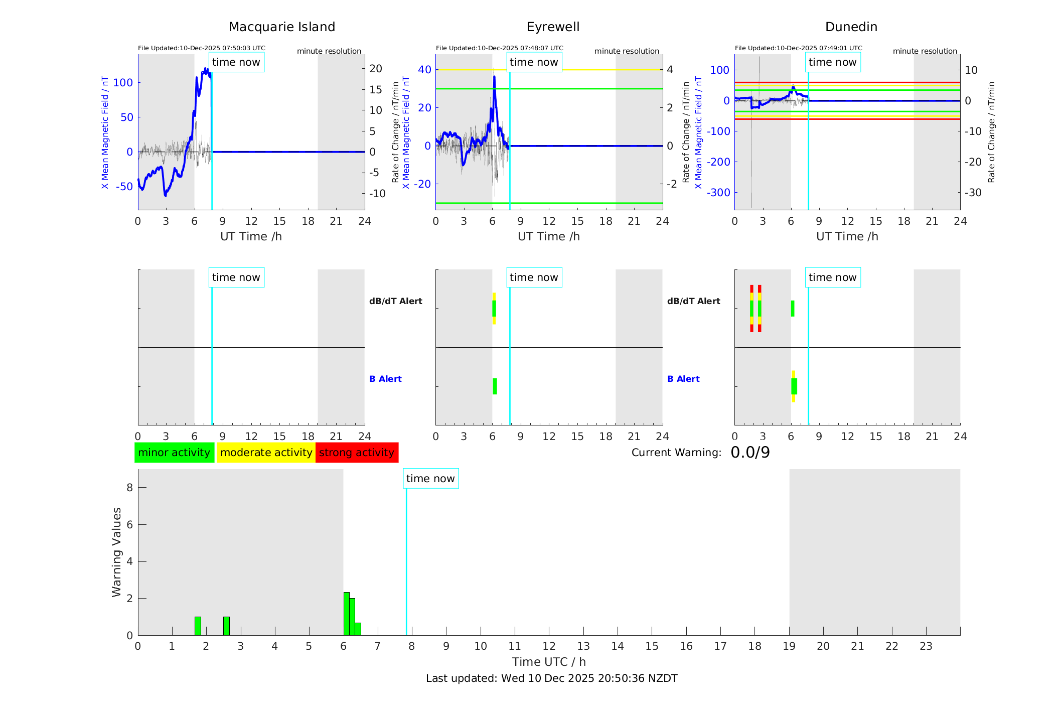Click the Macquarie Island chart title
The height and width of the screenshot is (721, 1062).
coord(282,27)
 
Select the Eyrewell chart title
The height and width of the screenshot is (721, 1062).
coord(553,27)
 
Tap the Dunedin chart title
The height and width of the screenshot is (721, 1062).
coord(851,27)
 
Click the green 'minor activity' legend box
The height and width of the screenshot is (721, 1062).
coord(174,453)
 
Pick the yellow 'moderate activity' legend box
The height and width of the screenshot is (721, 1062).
coord(266,453)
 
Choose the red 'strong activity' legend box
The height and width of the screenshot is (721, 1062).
coord(357,453)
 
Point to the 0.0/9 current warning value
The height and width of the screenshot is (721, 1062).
coord(750,453)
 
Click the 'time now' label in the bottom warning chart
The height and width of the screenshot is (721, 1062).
coord(430,479)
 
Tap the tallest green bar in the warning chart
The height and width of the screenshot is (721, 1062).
coord(346,614)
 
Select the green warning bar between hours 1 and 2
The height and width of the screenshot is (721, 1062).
coord(198,626)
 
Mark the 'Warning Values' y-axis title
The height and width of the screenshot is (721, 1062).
coord(116,552)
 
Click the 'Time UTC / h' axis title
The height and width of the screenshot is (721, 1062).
coord(549,662)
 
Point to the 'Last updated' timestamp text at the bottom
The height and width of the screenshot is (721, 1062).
coord(551,678)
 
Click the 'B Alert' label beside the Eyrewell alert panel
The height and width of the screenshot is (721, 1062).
coord(385,379)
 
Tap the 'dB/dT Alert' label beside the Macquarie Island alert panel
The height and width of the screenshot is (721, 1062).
coord(395,301)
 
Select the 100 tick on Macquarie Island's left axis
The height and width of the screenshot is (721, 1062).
coord(123,83)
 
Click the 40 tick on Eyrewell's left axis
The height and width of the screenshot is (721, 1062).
coord(424,70)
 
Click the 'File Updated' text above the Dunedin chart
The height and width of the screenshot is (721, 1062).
coord(798,48)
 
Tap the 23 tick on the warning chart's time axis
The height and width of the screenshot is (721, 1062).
coord(926,646)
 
